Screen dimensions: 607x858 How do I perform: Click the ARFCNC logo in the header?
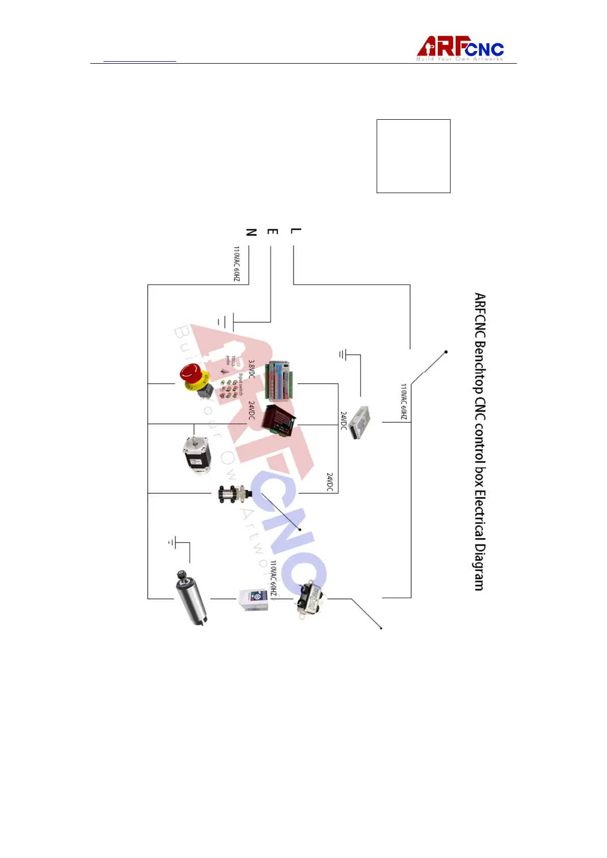point(460,49)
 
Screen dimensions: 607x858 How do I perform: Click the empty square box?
point(413,156)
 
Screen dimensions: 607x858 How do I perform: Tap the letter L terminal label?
point(295,231)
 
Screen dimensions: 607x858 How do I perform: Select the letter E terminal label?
point(273,232)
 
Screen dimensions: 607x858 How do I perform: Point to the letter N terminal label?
point(251,232)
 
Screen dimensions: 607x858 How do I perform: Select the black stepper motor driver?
point(278,420)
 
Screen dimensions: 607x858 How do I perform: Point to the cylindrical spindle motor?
point(191,597)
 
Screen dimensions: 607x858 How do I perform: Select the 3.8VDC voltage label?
point(251,369)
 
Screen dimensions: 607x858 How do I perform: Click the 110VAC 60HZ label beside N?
point(236,264)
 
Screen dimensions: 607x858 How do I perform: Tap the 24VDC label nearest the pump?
point(329,482)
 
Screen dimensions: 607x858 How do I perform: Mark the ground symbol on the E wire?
point(225,322)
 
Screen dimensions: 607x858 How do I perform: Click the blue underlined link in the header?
point(140,61)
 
